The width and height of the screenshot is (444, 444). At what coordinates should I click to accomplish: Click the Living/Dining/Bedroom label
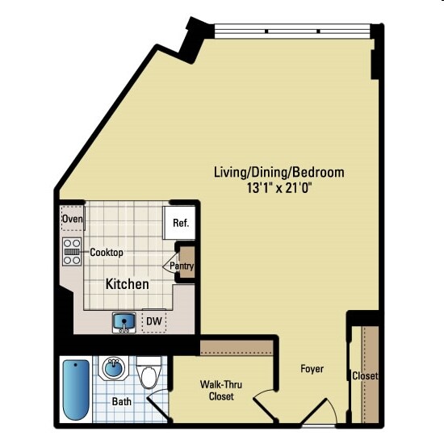click(x=279, y=172)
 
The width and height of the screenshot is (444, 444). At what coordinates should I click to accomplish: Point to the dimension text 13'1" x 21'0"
click(x=279, y=188)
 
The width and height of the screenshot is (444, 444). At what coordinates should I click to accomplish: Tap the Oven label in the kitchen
click(x=73, y=219)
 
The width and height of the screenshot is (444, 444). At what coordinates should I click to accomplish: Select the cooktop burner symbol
click(x=72, y=252)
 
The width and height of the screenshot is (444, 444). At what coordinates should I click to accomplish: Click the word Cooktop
click(x=106, y=253)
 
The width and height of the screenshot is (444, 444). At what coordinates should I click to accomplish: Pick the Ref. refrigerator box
click(x=180, y=223)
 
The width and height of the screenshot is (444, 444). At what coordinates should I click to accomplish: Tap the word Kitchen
click(x=128, y=284)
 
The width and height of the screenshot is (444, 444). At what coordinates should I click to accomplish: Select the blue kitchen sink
click(x=124, y=321)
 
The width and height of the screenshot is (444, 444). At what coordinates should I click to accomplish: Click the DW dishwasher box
click(x=153, y=321)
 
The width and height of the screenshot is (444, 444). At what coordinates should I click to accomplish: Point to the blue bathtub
click(x=76, y=388)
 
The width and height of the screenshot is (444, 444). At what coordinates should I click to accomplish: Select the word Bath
click(x=122, y=400)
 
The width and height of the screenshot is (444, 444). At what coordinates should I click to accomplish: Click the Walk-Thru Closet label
click(x=222, y=391)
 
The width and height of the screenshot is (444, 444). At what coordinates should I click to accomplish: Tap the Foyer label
click(x=312, y=369)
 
